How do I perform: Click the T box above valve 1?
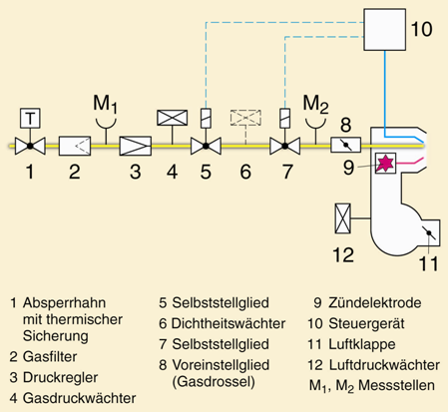pos(30,118)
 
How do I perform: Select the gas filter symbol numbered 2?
pos(75,146)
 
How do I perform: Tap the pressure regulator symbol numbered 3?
pos(136,146)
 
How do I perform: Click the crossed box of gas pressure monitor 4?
pos(172,118)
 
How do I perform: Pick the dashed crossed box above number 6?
pos(245,118)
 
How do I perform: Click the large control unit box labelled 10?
pos(385,30)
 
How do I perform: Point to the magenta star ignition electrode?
pos(385,163)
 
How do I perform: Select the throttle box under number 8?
pos(345,145)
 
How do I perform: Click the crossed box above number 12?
pos(342,218)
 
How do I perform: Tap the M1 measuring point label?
pos(105,104)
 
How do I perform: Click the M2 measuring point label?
pos(315,104)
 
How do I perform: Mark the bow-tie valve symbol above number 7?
pos(284,146)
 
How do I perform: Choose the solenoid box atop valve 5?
pos(206,118)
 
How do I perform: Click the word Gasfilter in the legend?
pos(50,357)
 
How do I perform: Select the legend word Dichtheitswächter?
pos(228,323)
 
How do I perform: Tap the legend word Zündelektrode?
pos(375,303)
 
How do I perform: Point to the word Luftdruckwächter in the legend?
pos(384,365)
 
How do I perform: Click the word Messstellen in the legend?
pos(396,385)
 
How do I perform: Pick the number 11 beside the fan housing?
pos(429,264)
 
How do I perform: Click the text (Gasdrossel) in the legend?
pos(214,382)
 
